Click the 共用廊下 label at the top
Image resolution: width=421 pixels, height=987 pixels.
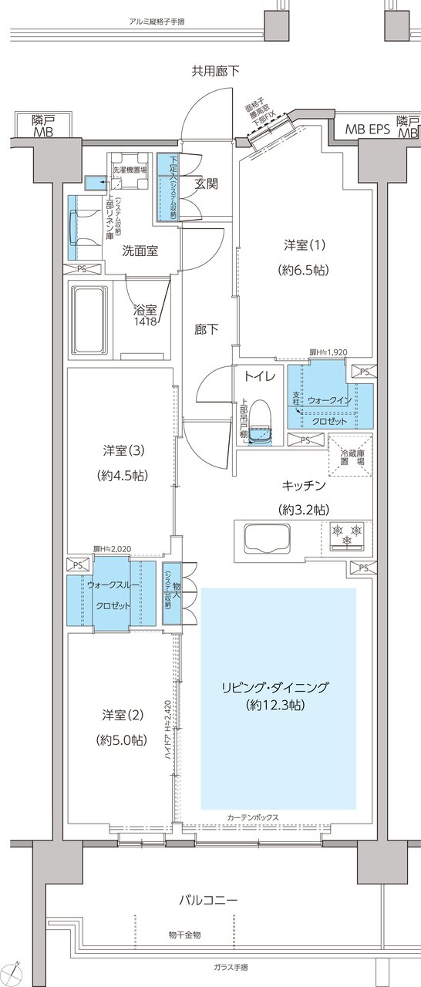215,72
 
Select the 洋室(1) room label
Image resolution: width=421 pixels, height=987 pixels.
300,246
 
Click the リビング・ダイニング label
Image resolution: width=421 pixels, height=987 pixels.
275,687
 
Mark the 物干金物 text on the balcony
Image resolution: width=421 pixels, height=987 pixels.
184,935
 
